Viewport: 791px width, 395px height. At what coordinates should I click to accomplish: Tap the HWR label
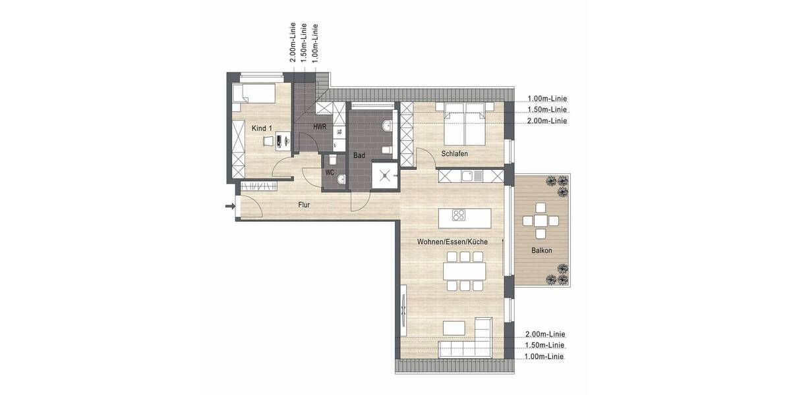coord(320,126)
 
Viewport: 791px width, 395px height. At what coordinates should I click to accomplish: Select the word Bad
coord(359,156)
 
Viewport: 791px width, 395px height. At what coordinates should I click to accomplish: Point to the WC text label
coord(330,173)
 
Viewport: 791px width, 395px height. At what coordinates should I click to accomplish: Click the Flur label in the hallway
coord(304,205)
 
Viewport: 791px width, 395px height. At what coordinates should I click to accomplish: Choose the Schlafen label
coord(455,154)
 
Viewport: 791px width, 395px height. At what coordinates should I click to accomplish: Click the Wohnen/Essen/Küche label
coord(452,242)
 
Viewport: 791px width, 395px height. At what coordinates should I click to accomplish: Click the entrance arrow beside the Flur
coord(230,207)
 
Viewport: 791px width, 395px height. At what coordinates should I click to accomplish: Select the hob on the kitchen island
coord(459,215)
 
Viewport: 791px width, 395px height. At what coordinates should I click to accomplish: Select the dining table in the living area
coord(464,271)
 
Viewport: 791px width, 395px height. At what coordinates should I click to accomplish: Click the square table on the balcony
coord(541,220)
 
